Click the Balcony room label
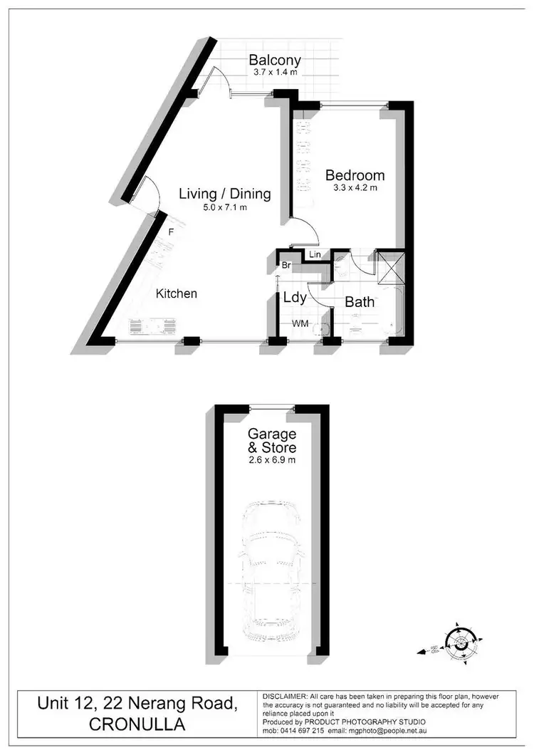(275, 61)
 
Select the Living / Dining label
(224, 193)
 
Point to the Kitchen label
(177, 293)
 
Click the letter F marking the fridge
(171, 231)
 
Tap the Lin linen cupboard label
(315, 254)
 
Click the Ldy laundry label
(295, 298)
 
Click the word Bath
(360, 302)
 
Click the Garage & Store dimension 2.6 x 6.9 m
(271, 460)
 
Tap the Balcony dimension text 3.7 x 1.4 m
(275, 73)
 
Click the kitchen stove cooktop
(152, 326)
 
